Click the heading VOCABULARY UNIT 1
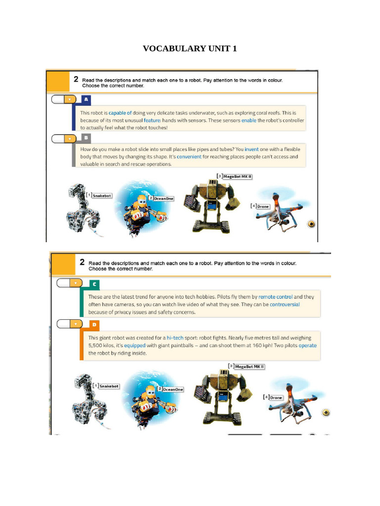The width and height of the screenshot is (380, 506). click(190, 48)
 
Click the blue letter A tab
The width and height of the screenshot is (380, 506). click(86, 99)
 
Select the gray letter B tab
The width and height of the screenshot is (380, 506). click(86, 137)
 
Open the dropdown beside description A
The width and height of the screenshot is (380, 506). click(70, 99)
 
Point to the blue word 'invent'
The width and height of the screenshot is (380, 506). click(251, 149)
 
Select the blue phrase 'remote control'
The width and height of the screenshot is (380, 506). click(276, 296)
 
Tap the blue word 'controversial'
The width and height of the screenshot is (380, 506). click(285, 304)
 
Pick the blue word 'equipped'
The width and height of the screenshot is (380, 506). click(135, 345)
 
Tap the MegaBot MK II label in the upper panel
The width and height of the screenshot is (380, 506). click(237, 176)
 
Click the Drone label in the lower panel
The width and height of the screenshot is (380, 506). click(276, 397)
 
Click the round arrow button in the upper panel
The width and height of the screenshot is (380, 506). click(311, 223)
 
